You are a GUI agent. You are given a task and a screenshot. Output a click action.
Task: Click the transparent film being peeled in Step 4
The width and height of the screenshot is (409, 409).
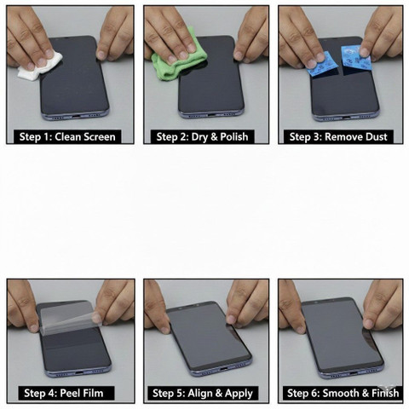(71, 317)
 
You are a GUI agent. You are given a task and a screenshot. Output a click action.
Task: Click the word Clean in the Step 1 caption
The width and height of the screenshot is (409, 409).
(67, 137)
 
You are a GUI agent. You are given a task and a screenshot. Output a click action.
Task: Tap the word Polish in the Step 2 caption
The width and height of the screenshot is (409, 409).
(234, 137)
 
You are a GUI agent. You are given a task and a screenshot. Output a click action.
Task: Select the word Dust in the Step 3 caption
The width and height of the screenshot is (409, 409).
(376, 137)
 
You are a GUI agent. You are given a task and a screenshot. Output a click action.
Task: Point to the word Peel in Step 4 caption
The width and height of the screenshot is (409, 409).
(70, 394)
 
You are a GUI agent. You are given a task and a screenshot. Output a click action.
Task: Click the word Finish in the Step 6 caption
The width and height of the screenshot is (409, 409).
(385, 394)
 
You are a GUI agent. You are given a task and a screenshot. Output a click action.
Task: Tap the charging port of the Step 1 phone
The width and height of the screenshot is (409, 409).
(74, 116)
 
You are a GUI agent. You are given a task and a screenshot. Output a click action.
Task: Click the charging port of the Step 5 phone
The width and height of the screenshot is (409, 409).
(223, 369)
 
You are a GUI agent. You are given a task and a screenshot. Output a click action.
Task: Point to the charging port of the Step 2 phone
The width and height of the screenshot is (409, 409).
(210, 115)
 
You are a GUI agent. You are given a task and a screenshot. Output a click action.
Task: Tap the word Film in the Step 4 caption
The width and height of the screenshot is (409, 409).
(93, 394)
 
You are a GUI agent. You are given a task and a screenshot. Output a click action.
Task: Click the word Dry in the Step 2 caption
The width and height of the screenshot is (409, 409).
(200, 137)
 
